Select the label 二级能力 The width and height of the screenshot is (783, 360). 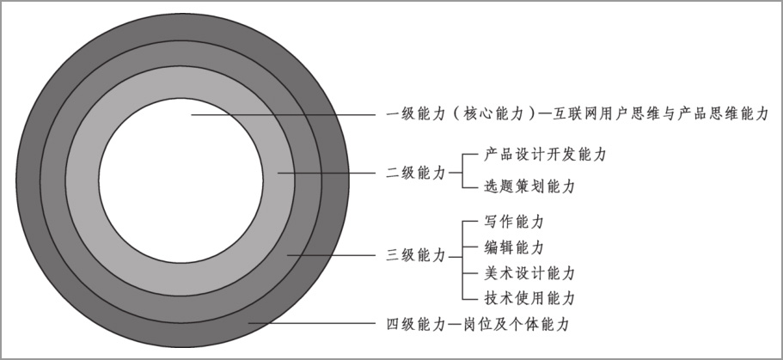pos(416,172)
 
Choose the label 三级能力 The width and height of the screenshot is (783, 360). pos(416,255)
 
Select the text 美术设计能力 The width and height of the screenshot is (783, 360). pos(523,273)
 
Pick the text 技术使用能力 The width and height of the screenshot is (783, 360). pos(523,299)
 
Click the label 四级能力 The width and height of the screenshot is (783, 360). pos(416,325)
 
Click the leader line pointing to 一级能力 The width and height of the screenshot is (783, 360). pos(284,113)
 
